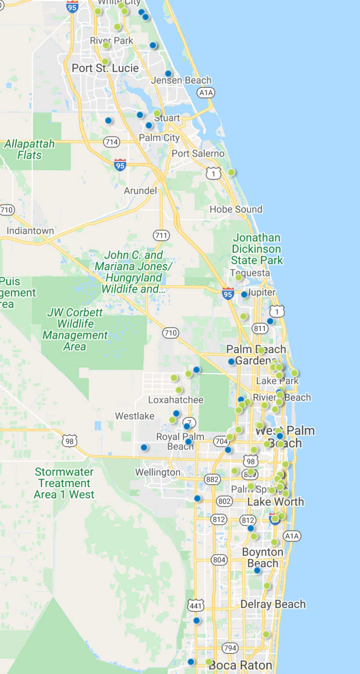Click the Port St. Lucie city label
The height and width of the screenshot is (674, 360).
click(x=105, y=68)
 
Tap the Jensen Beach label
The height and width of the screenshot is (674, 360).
click(x=181, y=81)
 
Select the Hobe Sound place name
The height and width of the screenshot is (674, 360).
click(x=236, y=209)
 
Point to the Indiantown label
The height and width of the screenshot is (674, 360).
click(x=30, y=231)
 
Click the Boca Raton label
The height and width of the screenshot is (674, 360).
click(x=240, y=665)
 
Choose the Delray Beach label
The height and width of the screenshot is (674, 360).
click(x=273, y=604)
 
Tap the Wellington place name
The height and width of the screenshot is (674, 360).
click(x=157, y=473)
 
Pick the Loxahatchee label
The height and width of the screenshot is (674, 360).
click(x=176, y=400)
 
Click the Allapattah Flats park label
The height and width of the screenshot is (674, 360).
click(x=29, y=149)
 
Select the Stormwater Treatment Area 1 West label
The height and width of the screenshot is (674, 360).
click(x=64, y=483)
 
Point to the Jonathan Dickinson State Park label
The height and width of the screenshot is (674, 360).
click(x=257, y=249)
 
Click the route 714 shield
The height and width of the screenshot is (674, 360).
click(x=112, y=142)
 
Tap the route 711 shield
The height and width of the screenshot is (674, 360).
click(x=161, y=235)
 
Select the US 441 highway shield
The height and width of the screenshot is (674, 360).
click(x=196, y=606)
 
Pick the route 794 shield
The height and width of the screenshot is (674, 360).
click(x=230, y=648)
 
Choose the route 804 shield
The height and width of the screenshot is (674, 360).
click(x=219, y=559)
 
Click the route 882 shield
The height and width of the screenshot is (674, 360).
click(x=212, y=479)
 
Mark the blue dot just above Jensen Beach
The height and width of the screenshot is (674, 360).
click(x=168, y=74)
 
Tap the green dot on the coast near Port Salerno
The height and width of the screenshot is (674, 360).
click(x=231, y=172)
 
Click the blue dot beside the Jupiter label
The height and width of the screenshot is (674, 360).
click(x=244, y=294)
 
